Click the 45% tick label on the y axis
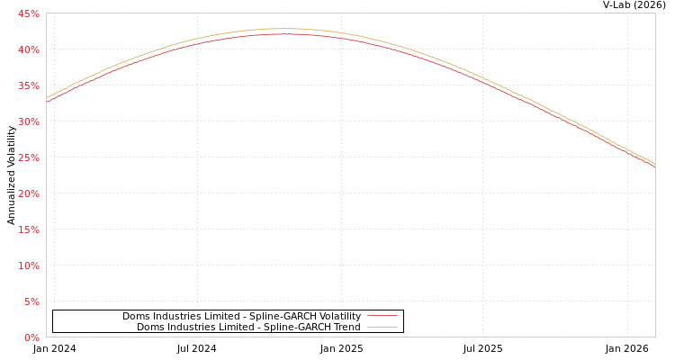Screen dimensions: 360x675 click(x=28, y=13)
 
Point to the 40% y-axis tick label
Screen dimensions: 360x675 click(x=28, y=49)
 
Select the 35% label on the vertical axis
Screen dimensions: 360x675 click(x=28, y=85)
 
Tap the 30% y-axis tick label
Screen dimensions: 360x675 click(x=28, y=121)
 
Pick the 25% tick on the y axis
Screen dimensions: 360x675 click(x=28, y=157)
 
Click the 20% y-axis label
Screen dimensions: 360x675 click(x=28, y=193)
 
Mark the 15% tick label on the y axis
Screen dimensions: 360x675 click(x=28, y=229)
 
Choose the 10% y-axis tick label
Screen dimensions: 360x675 click(x=28, y=265)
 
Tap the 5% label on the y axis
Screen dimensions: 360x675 click(x=31, y=301)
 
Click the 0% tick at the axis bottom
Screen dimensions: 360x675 click(x=31, y=337)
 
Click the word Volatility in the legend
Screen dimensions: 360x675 click(x=340, y=317)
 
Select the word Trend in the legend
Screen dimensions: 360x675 click(x=346, y=328)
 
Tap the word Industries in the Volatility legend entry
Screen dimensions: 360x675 click(x=178, y=317)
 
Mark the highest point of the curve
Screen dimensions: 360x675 click(x=286, y=31)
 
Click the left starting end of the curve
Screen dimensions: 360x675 click(x=47, y=100)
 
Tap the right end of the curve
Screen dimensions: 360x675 click(x=654, y=165)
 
